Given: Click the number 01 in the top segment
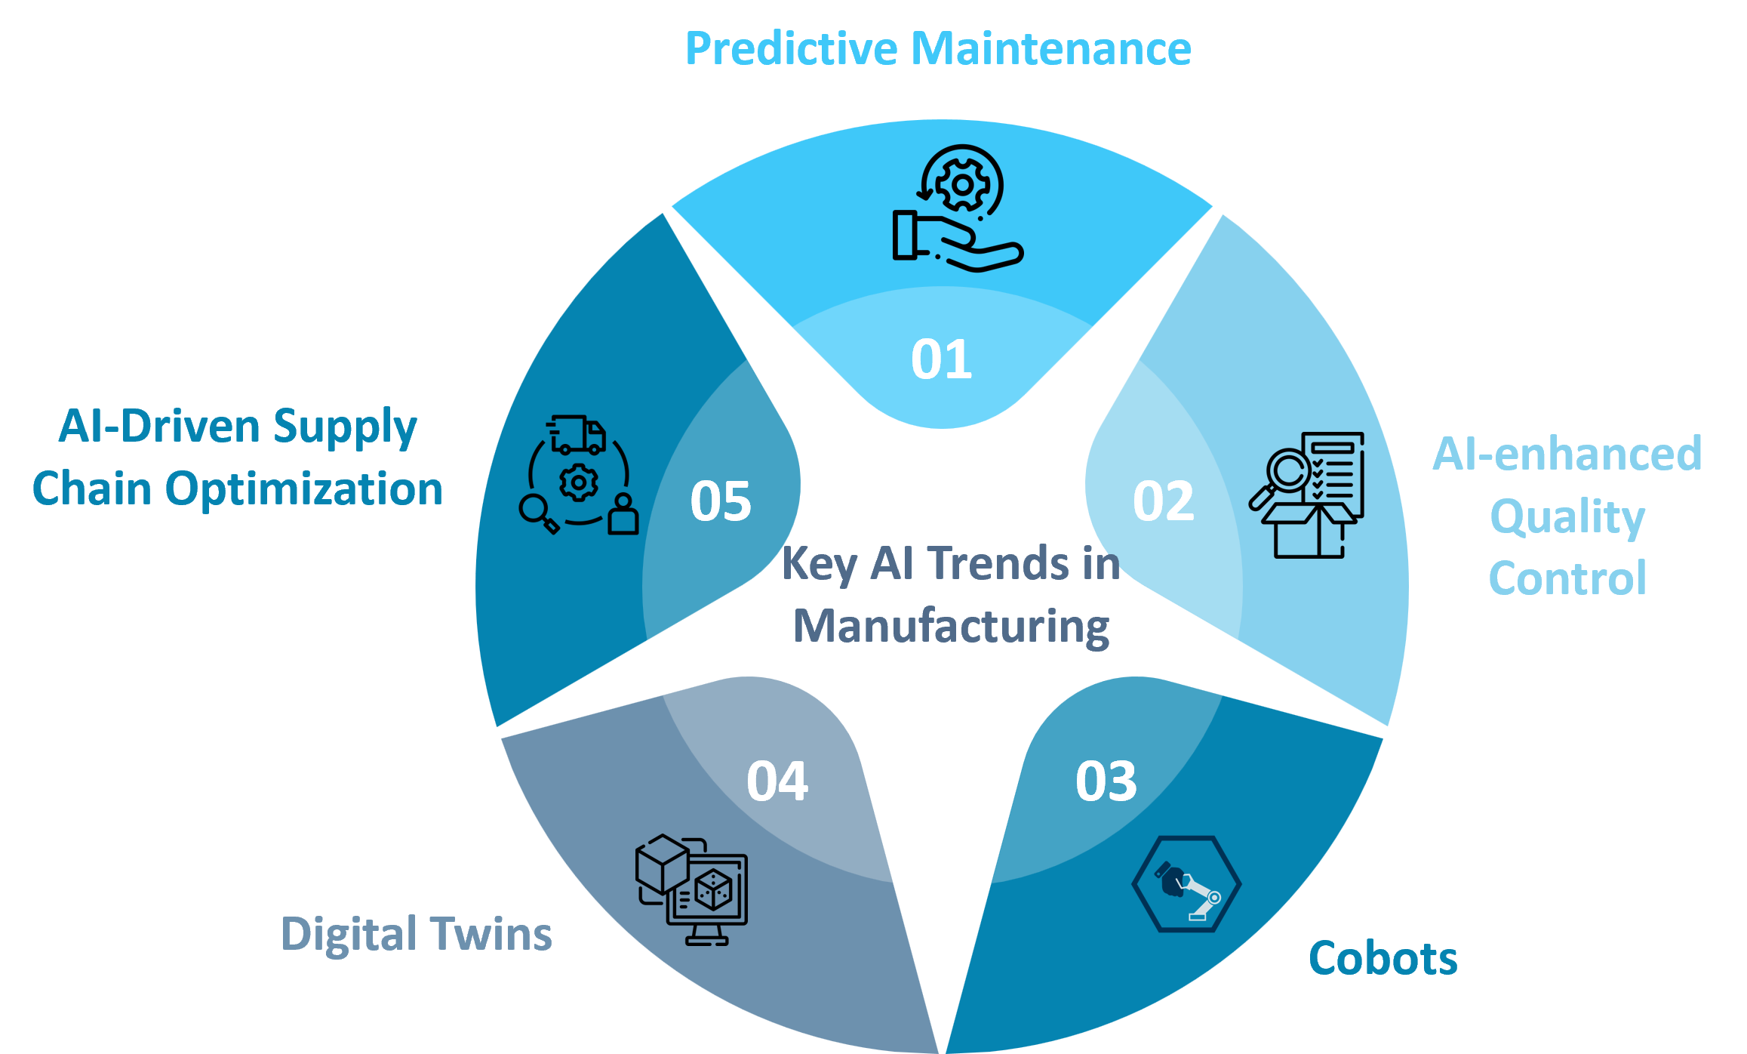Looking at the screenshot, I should (x=941, y=359).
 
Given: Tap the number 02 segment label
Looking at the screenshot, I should (x=1163, y=501).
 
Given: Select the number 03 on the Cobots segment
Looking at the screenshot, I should (x=1106, y=781).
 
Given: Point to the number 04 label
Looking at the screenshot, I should (x=777, y=781).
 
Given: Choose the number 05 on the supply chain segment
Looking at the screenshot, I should (x=721, y=501).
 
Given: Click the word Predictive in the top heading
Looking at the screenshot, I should (x=792, y=49).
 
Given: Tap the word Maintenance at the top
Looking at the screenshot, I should (x=1050, y=49).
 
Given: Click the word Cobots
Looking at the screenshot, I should (x=1383, y=959).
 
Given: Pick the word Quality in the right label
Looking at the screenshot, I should (x=1567, y=518).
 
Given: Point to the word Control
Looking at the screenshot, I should (x=1567, y=579).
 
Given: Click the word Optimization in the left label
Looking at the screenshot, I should (x=303, y=489).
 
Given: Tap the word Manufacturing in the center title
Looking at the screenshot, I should (x=951, y=627).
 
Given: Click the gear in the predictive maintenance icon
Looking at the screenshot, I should (x=962, y=184).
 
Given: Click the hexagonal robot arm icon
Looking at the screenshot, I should (x=1186, y=884).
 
